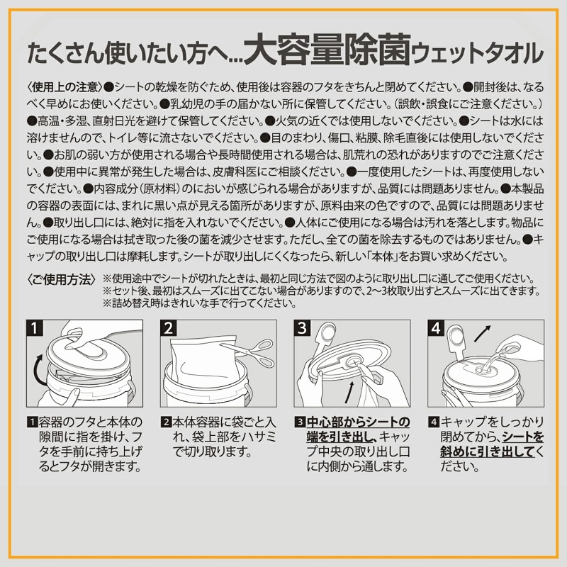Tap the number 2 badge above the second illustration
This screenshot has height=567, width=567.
[x=169, y=328]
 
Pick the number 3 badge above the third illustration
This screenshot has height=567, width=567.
[x=301, y=328]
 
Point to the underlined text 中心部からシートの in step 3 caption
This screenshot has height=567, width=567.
[x=359, y=422]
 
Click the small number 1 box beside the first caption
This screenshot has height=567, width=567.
[x=30, y=422]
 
